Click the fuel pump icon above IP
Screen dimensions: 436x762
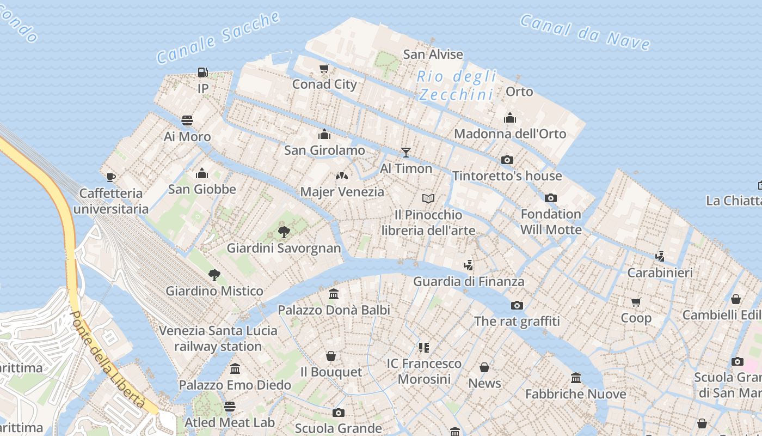point(202,72)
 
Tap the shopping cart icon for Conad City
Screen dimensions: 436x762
point(324,69)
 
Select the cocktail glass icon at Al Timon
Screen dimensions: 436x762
point(405,152)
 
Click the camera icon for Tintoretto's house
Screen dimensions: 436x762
point(507,160)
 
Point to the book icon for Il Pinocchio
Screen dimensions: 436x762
point(428,198)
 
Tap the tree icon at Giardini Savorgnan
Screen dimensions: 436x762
point(284,232)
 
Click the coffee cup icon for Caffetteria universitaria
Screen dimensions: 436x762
point(111,177)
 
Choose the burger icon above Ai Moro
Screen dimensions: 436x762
point(187,120)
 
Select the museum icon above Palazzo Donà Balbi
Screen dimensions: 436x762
point(334,294)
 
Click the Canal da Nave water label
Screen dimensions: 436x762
point(585,32)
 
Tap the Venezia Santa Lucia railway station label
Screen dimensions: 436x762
point(218,338)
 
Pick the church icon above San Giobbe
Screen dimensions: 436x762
point(202,173)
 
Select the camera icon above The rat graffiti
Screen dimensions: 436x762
point(517,305)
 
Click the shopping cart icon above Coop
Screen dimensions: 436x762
point(636,302)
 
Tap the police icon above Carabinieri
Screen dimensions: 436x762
point(660,256)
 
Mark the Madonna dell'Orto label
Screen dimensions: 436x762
point(510,134)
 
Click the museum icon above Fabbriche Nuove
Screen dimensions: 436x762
point(576,378)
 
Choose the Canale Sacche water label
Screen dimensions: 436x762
point(218,37)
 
